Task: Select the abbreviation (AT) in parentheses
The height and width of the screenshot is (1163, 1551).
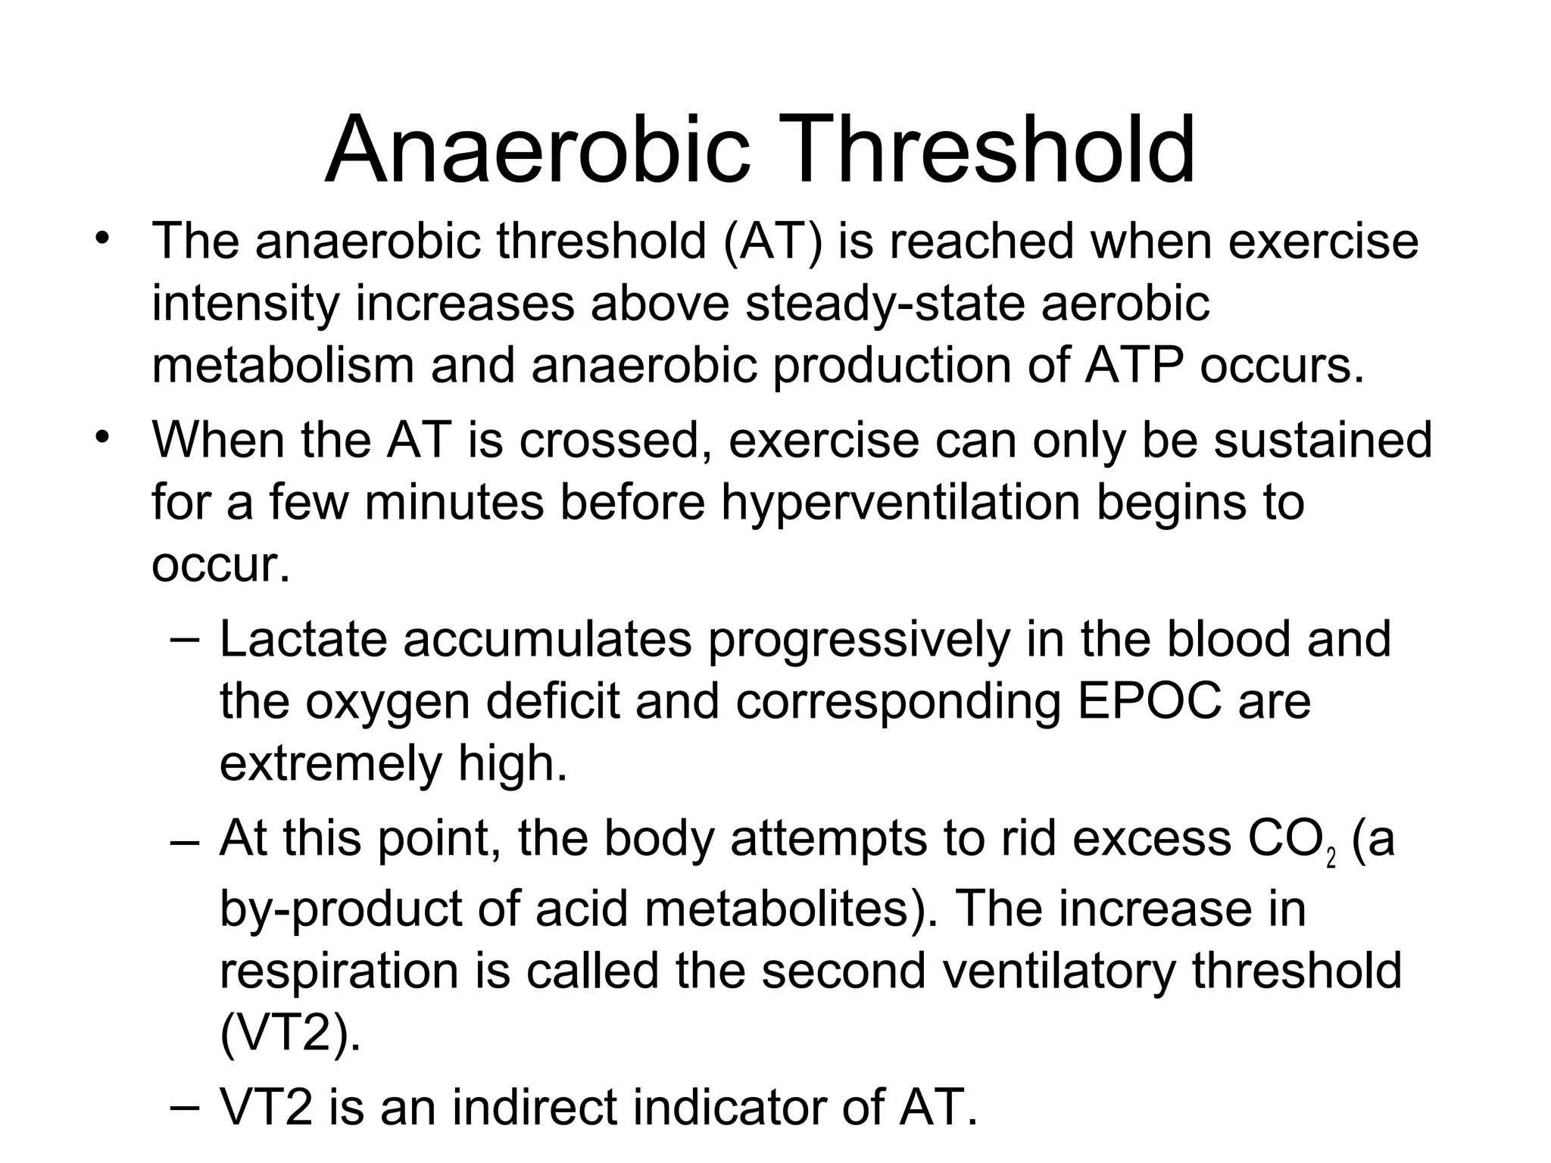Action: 772,242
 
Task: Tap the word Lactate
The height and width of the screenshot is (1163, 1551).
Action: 304,640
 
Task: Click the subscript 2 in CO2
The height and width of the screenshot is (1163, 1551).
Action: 1331,859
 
